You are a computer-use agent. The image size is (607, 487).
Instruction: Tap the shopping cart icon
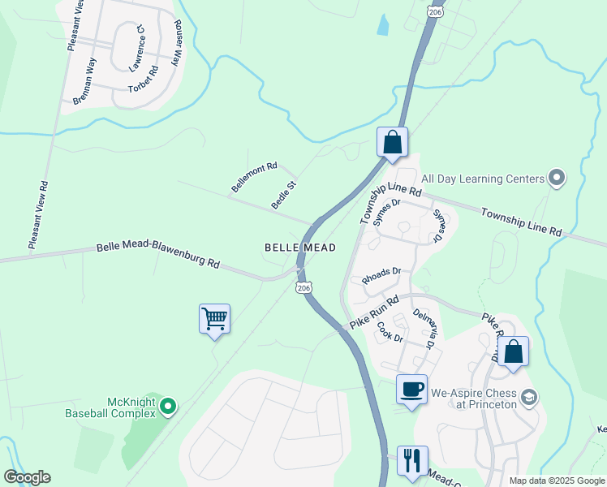(214, 318)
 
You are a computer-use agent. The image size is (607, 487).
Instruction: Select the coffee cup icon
(411, 389)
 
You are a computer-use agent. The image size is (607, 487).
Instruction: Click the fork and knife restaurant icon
(411, 460)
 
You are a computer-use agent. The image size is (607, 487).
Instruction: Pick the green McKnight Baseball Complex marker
(168, 405)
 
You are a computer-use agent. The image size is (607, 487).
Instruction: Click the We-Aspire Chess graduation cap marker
(529, 397)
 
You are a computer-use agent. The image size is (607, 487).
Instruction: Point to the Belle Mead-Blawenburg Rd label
(158, 255)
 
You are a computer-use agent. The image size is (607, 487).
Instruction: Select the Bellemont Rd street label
(254, 176)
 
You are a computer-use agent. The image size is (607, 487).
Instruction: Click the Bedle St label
(284, 195)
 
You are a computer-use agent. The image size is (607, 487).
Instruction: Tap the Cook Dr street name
(390, 332)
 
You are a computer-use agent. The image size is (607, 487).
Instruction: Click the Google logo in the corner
(27, 477)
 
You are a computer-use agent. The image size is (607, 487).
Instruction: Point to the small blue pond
(381, 25)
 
